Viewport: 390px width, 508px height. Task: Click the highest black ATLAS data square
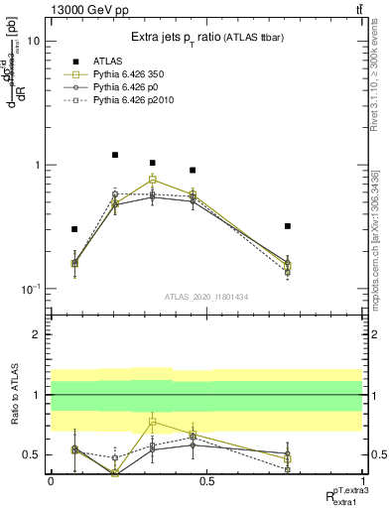(x=115, y=155)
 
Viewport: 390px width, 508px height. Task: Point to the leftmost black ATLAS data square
(x=74, y=229)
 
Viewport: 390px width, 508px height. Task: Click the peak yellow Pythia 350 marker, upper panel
(x=152, y=180)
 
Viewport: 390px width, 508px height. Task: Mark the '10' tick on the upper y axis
(x=34, y=42)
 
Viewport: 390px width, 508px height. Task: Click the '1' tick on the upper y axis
(x=37, y=165)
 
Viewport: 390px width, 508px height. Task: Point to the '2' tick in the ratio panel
(x=37, y=334)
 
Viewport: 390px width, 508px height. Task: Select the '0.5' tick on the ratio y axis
(x=32, y=454)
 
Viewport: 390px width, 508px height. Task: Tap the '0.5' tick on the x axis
(x=206, y=481)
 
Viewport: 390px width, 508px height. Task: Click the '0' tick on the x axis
(x=50, y=481)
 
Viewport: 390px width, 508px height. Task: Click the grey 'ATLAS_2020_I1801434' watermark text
(x=206, y=297)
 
